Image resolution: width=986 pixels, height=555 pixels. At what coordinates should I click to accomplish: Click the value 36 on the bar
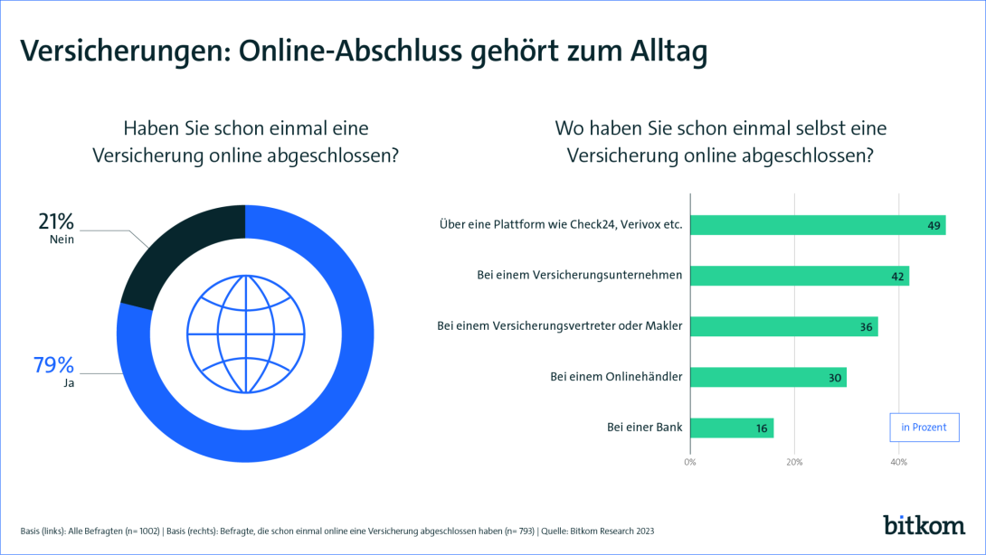(x=866, y=327)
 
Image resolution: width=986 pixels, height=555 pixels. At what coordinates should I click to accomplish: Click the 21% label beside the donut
(x=56, y=222)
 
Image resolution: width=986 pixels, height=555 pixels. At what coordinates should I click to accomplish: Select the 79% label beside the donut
(x=53, y=366)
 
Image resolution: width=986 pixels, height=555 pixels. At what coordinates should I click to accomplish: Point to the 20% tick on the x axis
(x=794, y=463)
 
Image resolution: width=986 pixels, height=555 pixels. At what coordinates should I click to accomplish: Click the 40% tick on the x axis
(x=899, y=463)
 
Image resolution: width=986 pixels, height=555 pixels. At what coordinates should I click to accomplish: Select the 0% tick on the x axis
(x=690, y=463)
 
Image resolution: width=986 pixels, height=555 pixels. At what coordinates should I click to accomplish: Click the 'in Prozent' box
(x=924, y=427)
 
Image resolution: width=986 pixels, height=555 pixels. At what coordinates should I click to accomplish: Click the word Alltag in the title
(x=665, y=52)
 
